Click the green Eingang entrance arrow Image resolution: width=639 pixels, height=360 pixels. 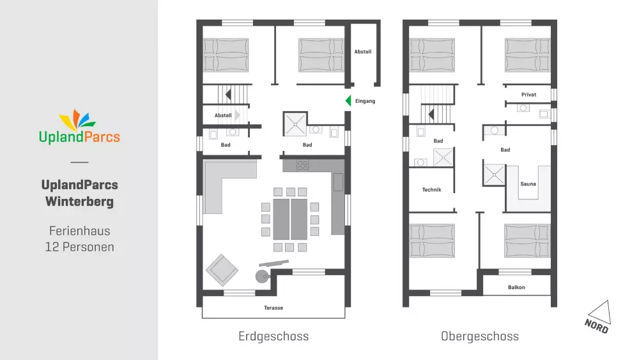pos(348,100)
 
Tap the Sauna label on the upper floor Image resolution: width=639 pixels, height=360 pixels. pos(528,184)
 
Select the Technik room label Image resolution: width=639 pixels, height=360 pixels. pos(431,189)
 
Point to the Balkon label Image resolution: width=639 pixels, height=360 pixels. pos(516,288)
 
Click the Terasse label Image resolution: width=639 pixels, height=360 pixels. pos(273,308)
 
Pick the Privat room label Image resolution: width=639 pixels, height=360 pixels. pos(528,95)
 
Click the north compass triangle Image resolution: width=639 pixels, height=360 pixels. pos(600,312)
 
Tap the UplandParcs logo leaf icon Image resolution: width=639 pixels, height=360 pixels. pos(77,120)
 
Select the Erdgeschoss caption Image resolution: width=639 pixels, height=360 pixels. pos(273,336)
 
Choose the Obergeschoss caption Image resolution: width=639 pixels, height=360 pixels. pos(480,336)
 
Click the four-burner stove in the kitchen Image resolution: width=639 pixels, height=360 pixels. pos(302,165)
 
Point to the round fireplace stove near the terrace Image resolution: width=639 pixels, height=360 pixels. pos(263,276)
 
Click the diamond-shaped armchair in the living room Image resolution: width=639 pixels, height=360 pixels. pos(222,270)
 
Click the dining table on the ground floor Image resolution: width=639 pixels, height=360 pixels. pos(290,219)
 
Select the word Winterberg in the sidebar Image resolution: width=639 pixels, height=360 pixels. pos(79,201)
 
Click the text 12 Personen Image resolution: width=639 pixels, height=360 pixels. pos(79,247)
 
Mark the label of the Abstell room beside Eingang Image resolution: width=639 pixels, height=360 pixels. pos(363,52)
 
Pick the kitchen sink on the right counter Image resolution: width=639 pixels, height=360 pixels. pos(338,182)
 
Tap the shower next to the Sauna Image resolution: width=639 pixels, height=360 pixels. pos(494,175)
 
